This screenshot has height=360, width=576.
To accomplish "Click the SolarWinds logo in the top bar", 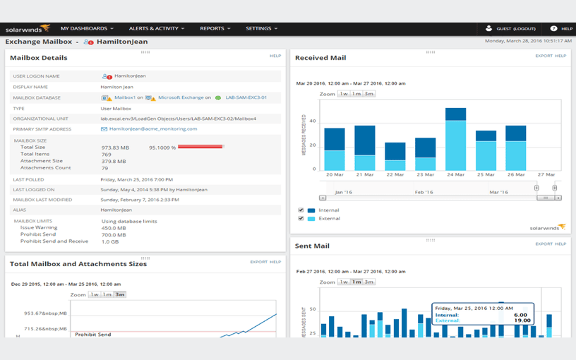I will click(28, 29).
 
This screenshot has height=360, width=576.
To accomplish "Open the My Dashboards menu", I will click(87, 29).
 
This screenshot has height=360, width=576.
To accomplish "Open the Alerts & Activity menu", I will click(156, 29).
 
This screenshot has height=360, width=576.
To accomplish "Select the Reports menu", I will click(215, 29).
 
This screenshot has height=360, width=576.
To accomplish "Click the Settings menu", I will click(261, 29).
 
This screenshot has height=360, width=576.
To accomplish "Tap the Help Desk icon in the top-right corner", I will click(554, 29).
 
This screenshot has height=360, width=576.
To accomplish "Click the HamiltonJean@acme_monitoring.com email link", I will click(153, 129).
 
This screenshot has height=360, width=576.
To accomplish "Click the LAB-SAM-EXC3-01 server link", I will click(246, 98).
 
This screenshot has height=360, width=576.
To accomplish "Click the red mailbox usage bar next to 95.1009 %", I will click(200, 148).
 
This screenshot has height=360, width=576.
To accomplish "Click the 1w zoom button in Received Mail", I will click(344, 94).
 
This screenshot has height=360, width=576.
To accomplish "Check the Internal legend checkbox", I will click(301, 210).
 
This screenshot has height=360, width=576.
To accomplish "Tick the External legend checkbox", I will click(301, 219).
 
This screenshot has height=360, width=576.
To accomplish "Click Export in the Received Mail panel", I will click(544, 56).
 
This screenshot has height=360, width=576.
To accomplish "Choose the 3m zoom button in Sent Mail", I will click(369, 282).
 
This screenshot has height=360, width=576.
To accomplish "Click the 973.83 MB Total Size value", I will click(115, 148).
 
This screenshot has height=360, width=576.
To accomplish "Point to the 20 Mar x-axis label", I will click(334, 174).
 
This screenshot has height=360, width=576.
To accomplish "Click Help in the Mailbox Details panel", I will click(275, 56).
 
